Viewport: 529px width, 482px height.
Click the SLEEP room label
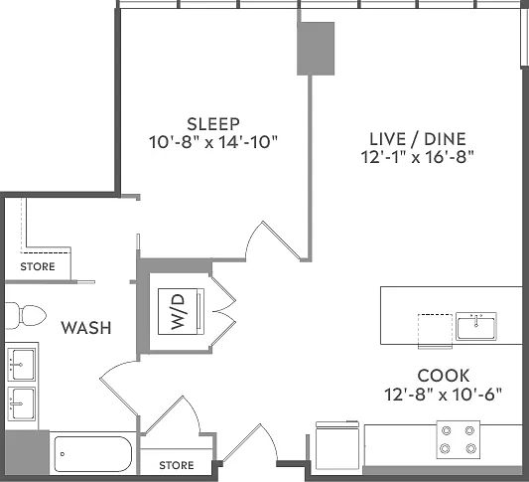(x=213, y=124)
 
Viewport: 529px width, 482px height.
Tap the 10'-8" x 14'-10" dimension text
(x=213, y=142)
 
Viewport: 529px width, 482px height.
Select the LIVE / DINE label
(x=418, y=139)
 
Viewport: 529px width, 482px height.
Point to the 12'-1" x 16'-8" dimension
(x=418, y=157)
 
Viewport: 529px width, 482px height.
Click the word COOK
(x=444, y=376)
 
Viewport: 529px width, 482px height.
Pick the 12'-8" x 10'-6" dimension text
(x=444, y=394)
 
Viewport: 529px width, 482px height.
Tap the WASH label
(x=86, y=328)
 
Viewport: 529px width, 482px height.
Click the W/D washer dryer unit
(x=182, y=311)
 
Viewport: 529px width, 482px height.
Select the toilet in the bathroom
(x=26, y=316)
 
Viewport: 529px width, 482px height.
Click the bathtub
(x=92, y=454)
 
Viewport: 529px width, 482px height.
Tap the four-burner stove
(x=459, y=439)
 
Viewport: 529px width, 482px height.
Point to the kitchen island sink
(x=476, y=326)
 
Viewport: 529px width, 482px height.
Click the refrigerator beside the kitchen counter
(x=337, y=445)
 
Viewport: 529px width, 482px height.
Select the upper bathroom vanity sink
(x=21, y=365)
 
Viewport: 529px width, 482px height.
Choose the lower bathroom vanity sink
(x=21, y=403)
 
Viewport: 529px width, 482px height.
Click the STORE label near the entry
(x=177, y=465)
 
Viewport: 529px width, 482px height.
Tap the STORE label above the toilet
(x=38, y=266)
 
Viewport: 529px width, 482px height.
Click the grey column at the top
(x=316, y=49)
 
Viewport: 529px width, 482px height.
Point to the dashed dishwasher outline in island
(x=436, y=331)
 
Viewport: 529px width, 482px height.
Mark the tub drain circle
(x=63, y=454)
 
